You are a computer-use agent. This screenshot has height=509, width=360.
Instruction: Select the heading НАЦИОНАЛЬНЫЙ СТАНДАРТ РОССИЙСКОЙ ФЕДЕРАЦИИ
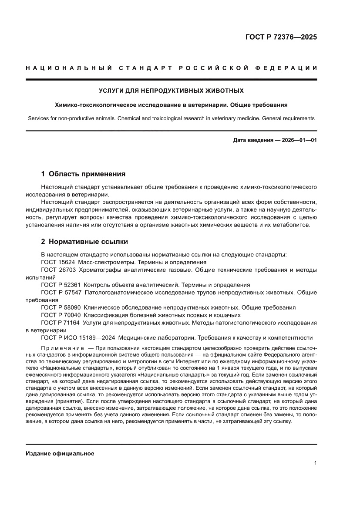click(x=171, y=68)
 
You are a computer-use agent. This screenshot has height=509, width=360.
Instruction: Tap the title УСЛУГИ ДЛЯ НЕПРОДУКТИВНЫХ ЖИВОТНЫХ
click(x=171, y=91)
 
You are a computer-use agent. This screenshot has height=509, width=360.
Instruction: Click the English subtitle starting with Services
click(x=171, y=118)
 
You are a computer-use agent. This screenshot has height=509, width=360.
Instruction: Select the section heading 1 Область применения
click(x=83, y=174)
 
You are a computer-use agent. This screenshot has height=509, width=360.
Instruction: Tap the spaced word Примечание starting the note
click(x=62, y=349)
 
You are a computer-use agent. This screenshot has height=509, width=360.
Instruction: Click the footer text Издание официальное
click(x=60, y=453)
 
